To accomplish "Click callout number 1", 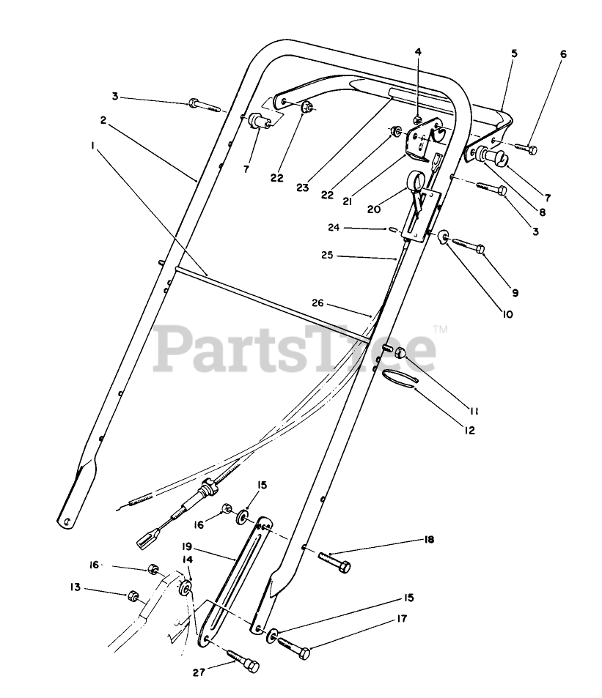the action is click(x=93, y=146).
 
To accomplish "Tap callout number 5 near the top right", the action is click(x=514, y=53).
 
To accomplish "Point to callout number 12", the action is click(x=469, y=431).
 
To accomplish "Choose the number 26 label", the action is click(x=317, y=303).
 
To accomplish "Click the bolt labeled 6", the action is click(x=524, y=149).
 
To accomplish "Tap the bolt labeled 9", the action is click(x=469, y=248).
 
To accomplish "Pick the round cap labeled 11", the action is click(x=400, y=355).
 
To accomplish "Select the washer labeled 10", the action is click(x=444, y=237).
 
